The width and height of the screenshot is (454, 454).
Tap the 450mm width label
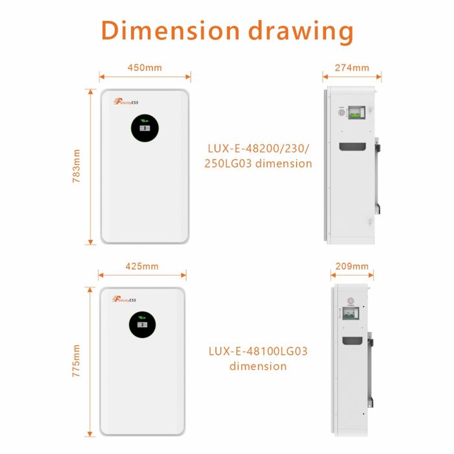point(145,67)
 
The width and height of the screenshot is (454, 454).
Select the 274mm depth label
point(352,67)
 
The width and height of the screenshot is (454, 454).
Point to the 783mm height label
point(77,167)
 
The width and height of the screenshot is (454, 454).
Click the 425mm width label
point(141,267)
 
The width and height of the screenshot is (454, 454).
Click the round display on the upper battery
point(145,128)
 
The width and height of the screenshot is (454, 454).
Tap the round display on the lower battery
point(141,324)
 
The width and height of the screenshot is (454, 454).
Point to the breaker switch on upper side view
point(357,112)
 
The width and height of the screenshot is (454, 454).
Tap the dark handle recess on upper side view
point(357,147)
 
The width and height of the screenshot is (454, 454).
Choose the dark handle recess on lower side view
point(351,340)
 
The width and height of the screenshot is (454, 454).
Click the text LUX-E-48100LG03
point(258,352)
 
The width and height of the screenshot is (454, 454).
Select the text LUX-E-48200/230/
point(259,149)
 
